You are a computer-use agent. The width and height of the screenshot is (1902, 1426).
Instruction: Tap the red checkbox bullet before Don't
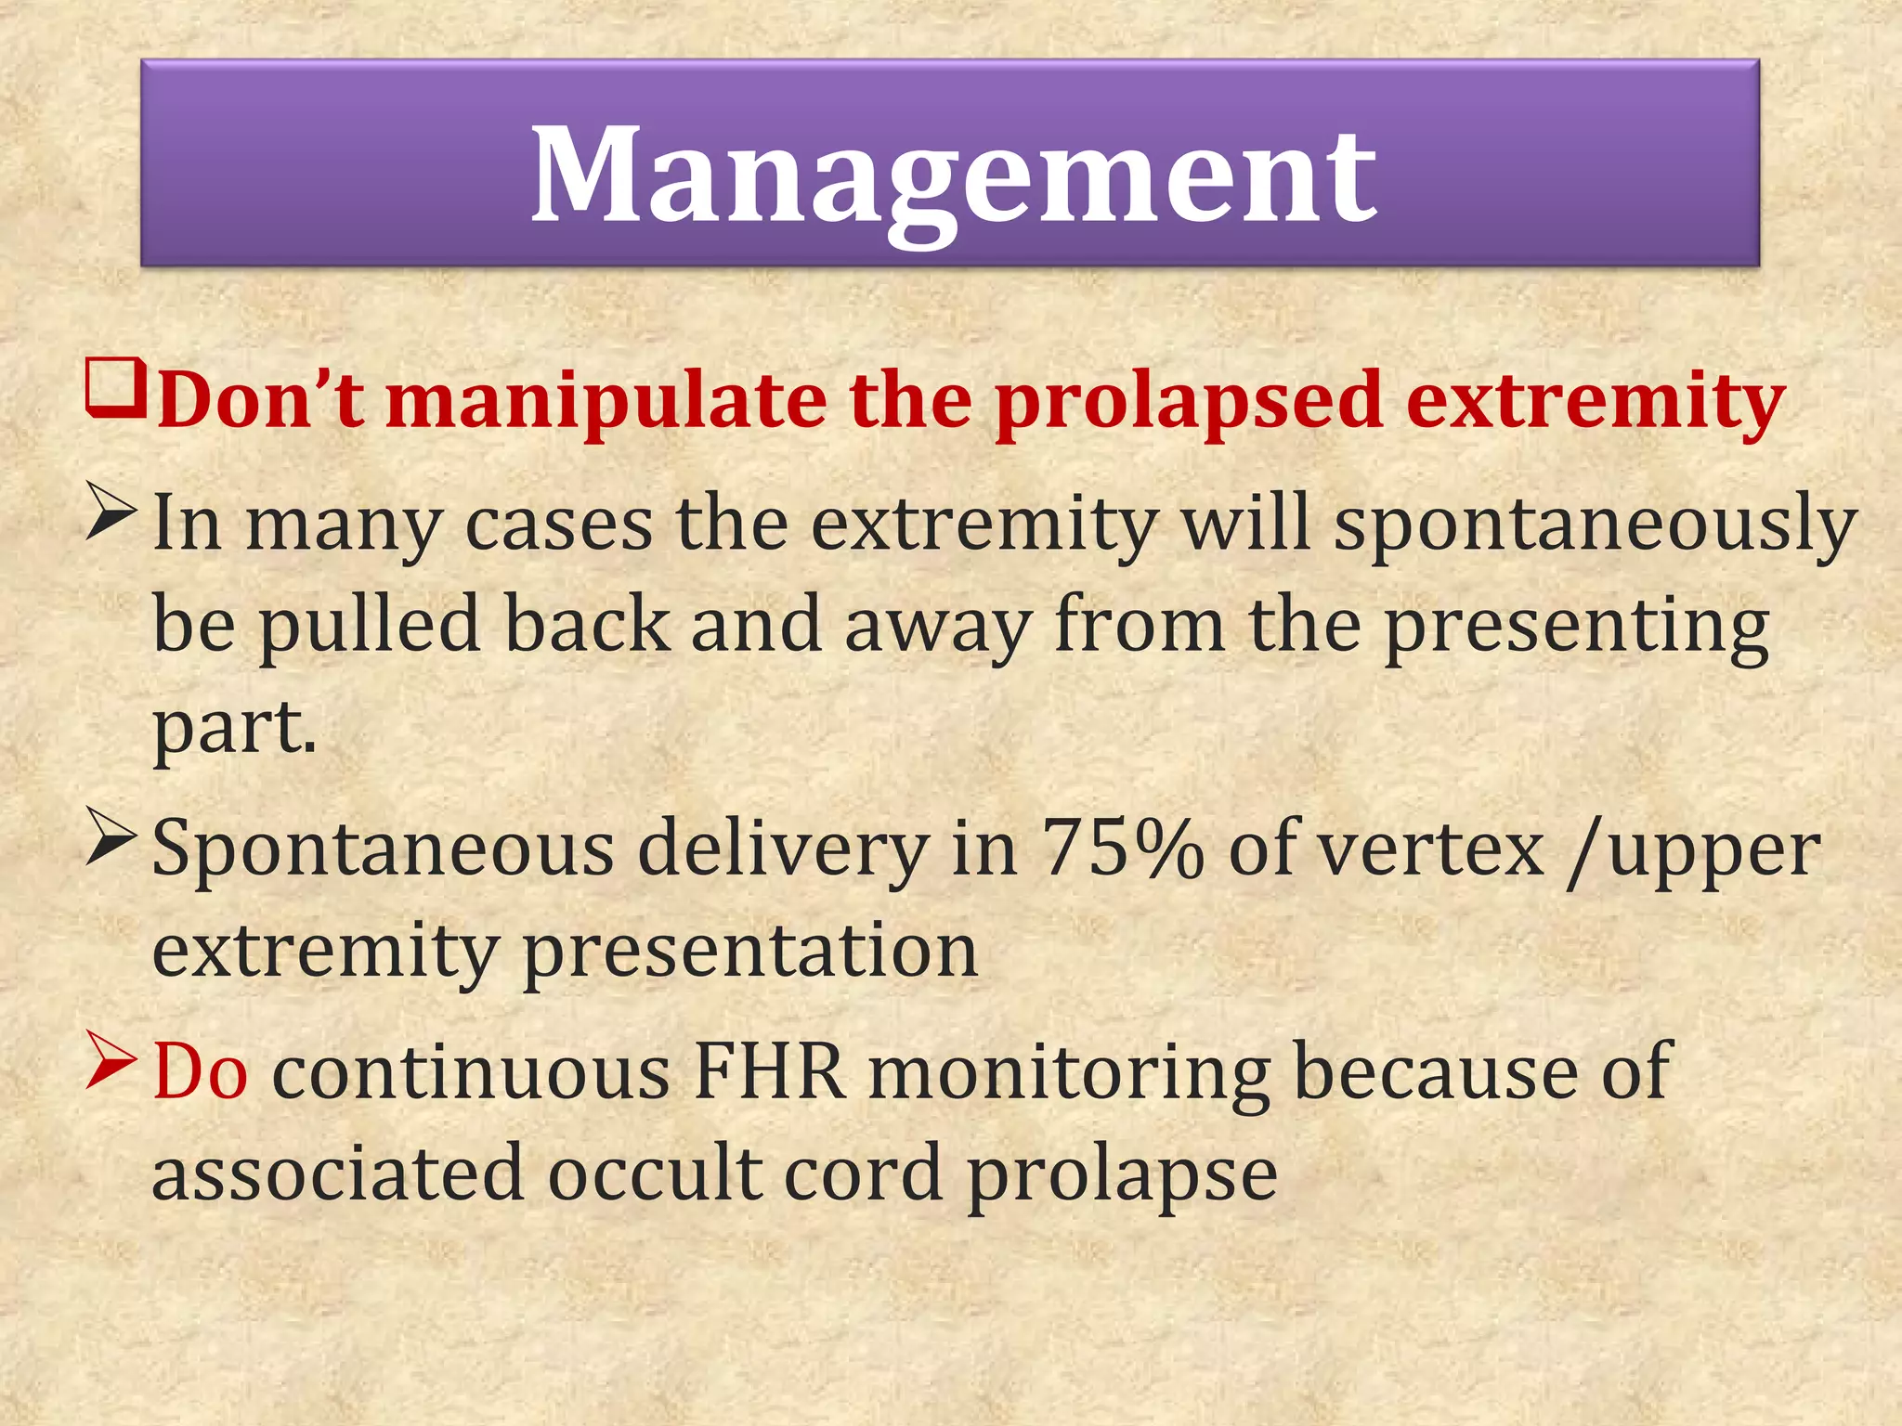pyautogui.click(x=115, y=389)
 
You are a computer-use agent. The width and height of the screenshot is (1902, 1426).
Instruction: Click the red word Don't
pyautogui.click(x=261, y=400)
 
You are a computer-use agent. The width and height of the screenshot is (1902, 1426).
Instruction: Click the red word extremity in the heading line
pyautogui.click(x=1595, y=402)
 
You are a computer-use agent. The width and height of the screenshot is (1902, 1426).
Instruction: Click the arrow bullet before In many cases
pyautogui.click(x=112, y=512)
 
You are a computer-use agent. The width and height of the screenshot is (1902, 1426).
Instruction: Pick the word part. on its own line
pyautogui.click(x=234, y=727)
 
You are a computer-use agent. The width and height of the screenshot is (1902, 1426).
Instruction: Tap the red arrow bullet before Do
pyautogui.click(x=112, y=1059)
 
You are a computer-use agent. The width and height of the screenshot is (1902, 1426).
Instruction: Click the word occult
pyautogui.click(x=654, y=1173)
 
